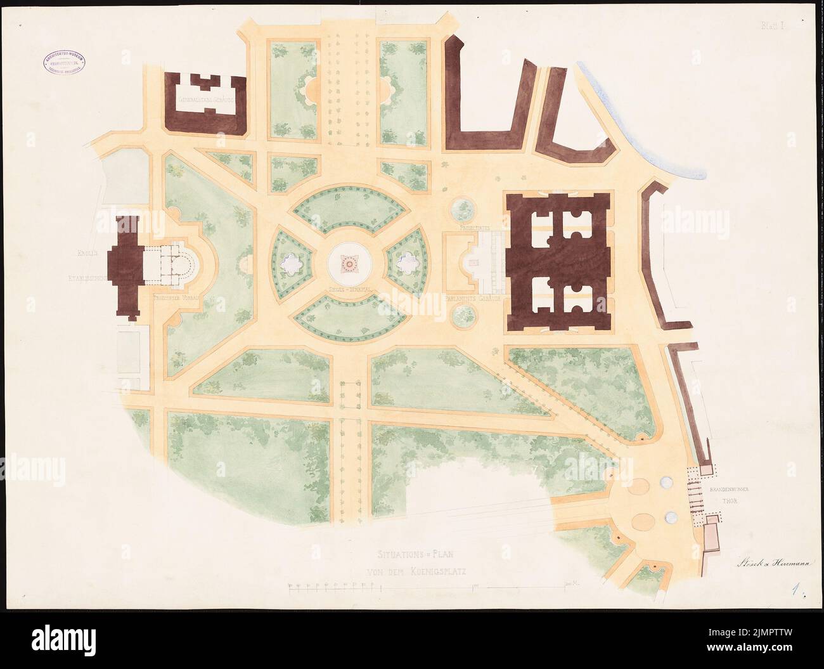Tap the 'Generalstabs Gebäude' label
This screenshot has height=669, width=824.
click(x=207, y=100)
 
